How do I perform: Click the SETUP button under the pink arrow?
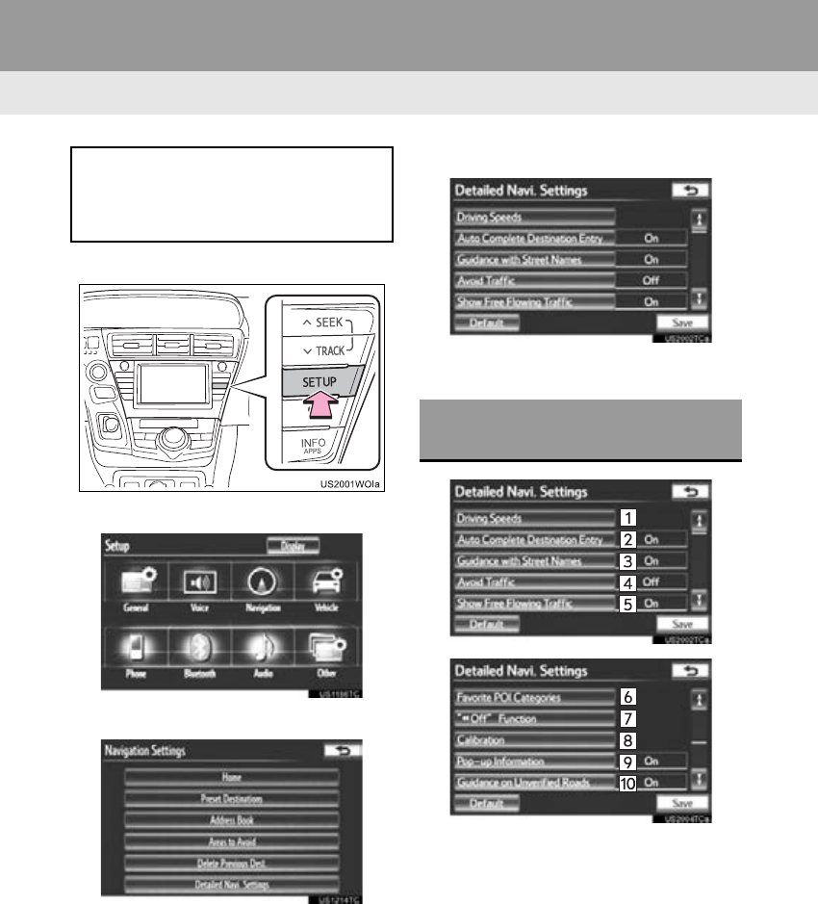pos(320,381)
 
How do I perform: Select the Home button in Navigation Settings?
pos(231,777)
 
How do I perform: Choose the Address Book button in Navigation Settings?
pos(231,820)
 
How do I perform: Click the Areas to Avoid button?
pos(231,841)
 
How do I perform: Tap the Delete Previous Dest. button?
pos(231,863)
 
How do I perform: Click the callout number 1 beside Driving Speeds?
pos(626,518)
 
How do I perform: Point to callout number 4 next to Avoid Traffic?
pos(626,582)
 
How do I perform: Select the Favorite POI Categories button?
pos(534,697)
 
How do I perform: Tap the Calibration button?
pos(534,739)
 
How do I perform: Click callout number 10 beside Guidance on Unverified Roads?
pos(626,783)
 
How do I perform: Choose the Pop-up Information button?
pos(534,762)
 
